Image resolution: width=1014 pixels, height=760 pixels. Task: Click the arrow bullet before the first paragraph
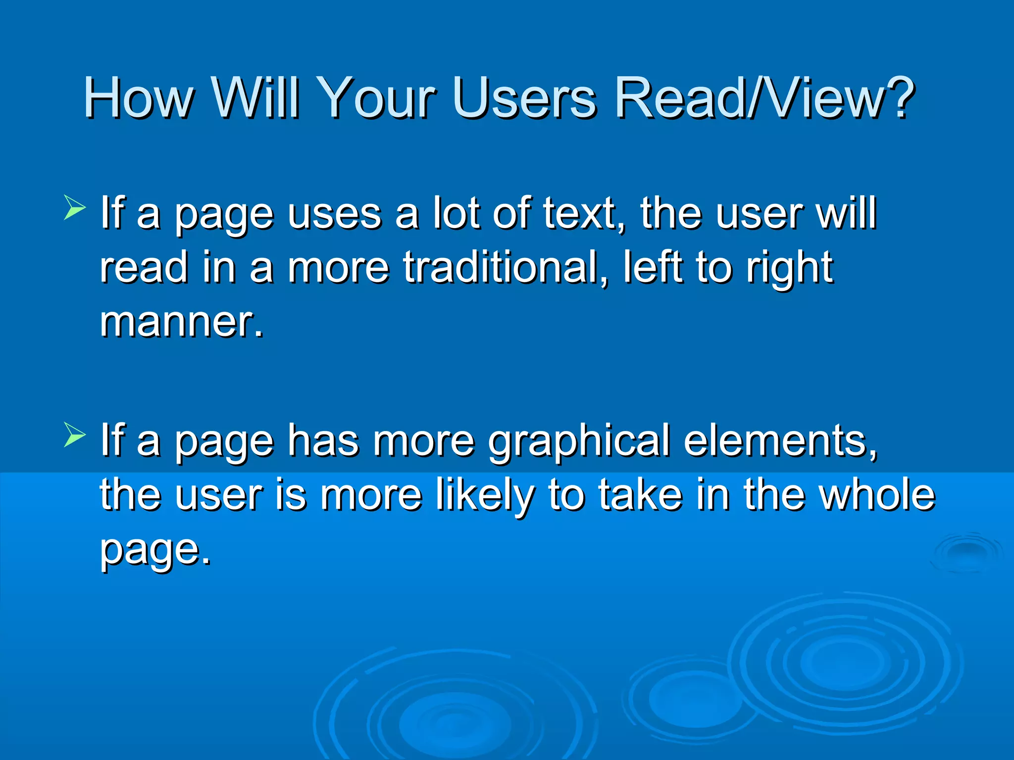(x=75, y=207)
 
